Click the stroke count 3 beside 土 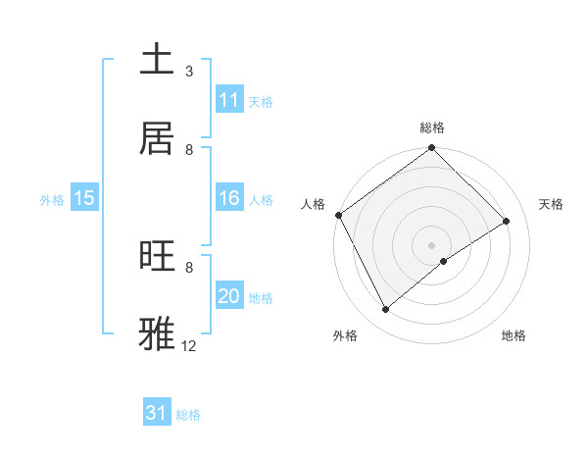tap(189, 72)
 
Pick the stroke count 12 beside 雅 tap(189, 346)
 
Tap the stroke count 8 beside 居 tap(189, 150)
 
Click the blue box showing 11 tap(229, 100)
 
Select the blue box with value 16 tap(229, 198)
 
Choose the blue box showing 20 tap(229, 296)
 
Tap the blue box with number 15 tap(84, 198)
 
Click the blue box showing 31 tap(157, 413)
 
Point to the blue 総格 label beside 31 tap(188, 415)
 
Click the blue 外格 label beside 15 tap(52, 199)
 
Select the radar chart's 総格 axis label tap(432, 128)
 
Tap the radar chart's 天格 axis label tap(551, 204)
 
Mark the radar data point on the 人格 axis tap(338, 215)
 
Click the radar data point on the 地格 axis tap(444, 261)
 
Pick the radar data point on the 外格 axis tap(385, 310)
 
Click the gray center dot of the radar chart tap(431, 244)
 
